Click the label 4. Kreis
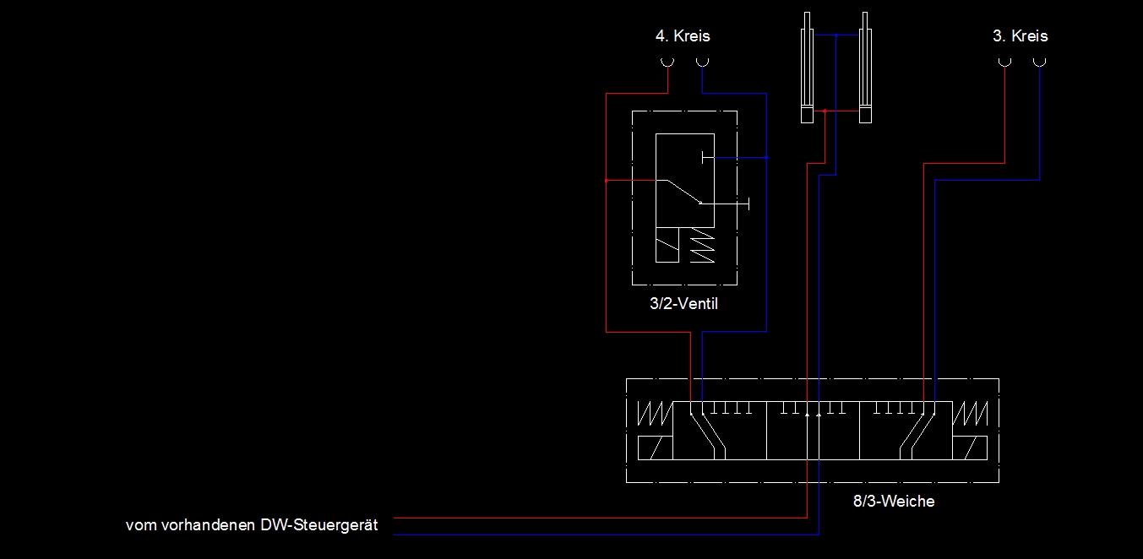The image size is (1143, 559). pyautogui.click(x=683, y=36)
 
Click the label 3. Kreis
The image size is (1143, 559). pyautogui.click(x=1020, y=36)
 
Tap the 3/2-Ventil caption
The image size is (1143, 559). pyautogui.click(x=684, y=304)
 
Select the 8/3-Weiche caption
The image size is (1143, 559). pyautogui.click(x=894, y=502)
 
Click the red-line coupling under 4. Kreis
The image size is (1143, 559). pyautogui.click(x=667, y=62)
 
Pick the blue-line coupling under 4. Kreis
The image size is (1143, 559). pyautogui.click(x=702, y=62)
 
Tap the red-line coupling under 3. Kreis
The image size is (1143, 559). pyautogui.click(x=1004, y=62)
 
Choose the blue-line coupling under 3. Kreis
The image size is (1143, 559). pyautogui.click(x=1039, y=62)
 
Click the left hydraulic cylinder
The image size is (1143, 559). pyautogui.click(x=807, y=68)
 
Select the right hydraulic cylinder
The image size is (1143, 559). pyautogui.click(x=864, y=68)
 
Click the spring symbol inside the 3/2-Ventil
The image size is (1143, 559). pyautogui.click(x=701, y=246)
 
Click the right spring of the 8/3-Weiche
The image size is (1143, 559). pyautogui.click(x=971, y=415)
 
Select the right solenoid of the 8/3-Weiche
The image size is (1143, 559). pyautogui.click(x=971, y=448)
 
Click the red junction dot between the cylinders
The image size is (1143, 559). pyautogui.click(x=825, y=111)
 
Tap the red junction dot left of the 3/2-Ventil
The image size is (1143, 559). pyautogui.click(x=607, y=180)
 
